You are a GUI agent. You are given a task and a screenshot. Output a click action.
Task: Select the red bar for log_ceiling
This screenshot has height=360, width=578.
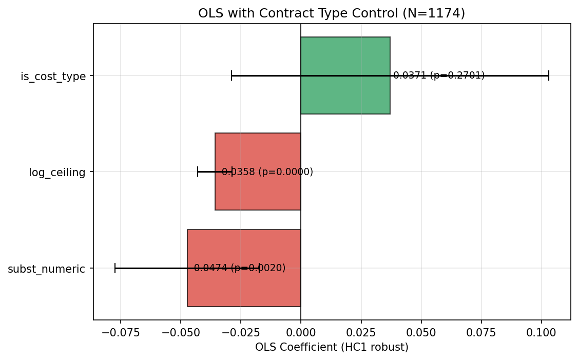click(x=257, y=193)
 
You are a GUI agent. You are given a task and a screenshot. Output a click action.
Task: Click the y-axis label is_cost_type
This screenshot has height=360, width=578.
click(x=53, y=77)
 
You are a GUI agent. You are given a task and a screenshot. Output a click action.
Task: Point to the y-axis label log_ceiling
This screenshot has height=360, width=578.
click(x=57, y=173)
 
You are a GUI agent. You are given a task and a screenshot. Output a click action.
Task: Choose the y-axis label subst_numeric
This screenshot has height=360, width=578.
click(x=46, y=269)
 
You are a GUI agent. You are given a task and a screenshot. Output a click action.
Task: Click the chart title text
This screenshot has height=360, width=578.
click(x=332, y=13)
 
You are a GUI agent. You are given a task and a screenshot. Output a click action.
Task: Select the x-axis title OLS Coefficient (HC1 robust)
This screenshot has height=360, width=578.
click(x=332, y=347)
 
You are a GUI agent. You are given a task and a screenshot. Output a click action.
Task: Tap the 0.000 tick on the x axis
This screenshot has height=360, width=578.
click(x=301, y=332)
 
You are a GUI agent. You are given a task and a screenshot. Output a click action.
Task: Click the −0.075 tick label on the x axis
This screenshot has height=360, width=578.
click(x=121, y=332)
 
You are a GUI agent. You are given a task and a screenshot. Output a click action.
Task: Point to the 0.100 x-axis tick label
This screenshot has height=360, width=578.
click(x=541, y=332)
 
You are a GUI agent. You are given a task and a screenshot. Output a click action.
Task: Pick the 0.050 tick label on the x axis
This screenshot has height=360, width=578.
click(x=421, y=332)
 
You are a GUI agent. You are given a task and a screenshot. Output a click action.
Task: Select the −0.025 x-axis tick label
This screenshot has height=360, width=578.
click(x=241, y=332)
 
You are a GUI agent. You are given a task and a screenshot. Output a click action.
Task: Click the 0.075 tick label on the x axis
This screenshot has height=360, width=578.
click(x=481, y=332)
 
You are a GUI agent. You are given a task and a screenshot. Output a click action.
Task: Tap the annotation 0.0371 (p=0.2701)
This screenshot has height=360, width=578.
click(x=439, y=75)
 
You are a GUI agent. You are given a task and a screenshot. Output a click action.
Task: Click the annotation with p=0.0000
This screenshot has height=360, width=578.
click(x=267, y=172)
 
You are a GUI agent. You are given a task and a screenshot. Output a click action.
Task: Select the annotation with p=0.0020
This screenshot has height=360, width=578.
click(x=240, y=268)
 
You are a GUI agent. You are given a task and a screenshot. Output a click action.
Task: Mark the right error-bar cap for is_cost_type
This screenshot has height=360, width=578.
click(x=549, y=75)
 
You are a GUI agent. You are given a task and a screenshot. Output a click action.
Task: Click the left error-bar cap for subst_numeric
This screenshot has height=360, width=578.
click(x=115, y=268)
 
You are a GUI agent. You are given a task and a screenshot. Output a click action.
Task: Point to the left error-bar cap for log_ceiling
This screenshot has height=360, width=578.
click(x=198, y=172)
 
